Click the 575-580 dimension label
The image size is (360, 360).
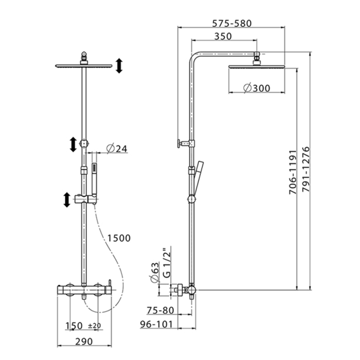pyautogui.click(x=231, y=23)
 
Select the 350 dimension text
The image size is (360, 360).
pyautogui.click(x=223, y=37)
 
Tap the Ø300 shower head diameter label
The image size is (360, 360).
pyautogui.click(x=257, y=88)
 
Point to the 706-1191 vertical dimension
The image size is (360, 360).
pyautogui.click(x=293, y=172)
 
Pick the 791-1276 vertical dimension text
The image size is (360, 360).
pyautogui.click(x=306, y=169)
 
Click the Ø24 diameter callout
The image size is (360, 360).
pyautogui.click(x=117, y=149)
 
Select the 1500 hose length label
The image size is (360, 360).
pyautogui.click(x=119, y=238)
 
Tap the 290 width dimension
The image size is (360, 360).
pyautogui.click(x=84, y=341)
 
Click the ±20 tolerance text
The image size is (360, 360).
pyautogui.click(x=94, y=326)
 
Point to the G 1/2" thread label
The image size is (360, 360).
pyautogui.click(x=167, y=262)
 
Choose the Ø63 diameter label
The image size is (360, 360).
pyautogui.click(x=155, y=272)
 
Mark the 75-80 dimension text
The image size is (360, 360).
pyautogui.click(x=160, y=311)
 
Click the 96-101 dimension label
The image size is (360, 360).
pyautogui.click(x=156, y=324)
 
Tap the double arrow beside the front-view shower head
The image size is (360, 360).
pyautogui.click(x=119, y=66)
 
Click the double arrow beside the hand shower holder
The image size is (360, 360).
pyautogui.click(x=67, y=200)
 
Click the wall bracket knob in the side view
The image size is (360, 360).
pyautogui.click(x=178, y=143)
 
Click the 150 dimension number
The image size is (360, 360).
pyautogui.click(x=74, y=326)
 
